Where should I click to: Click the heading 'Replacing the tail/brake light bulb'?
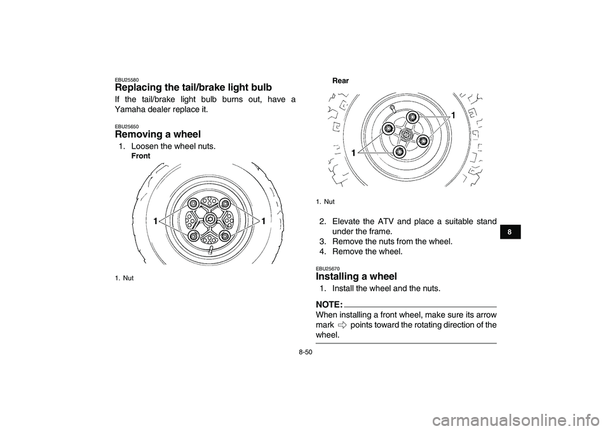[x=193, y=87]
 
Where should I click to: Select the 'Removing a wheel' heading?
[x=158, y=135]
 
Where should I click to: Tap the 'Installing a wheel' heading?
[x=356, y=276]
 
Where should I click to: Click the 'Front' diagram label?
[x=140, y=156]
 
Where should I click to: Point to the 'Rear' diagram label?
[x=341, y=81]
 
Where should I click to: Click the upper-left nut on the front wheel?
[x=193, y=204]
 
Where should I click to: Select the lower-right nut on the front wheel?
[x=225, y=235]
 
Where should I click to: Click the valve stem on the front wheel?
[x=210, y=250]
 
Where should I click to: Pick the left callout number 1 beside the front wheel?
[x=155, y=222]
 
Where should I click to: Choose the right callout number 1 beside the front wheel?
[x=263, y=222]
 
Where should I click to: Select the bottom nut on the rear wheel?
[x=399, y=152]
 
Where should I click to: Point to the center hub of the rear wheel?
[x=406, y=135]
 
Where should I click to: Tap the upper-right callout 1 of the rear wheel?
[x=453, y=116]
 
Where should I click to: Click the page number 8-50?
[x=306, y=352]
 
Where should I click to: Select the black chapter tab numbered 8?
[x=509, y=232]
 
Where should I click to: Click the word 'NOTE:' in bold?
[x=329, y=303]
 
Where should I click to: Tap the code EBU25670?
[x=328, y=269]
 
